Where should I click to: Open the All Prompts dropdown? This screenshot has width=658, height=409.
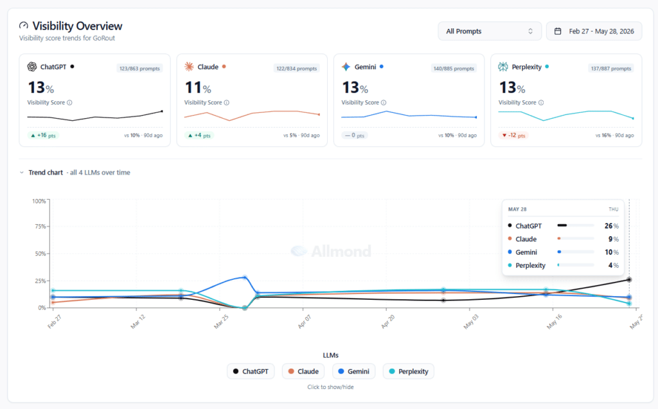(x=489, y=31)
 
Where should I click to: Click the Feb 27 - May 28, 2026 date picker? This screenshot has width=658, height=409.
(x=594, y=31)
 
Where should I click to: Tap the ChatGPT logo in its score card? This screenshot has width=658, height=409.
(x=32, y=67)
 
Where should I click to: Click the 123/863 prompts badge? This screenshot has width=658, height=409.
(x=139, y=68)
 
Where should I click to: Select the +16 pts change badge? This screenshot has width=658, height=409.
(x=43, y=135)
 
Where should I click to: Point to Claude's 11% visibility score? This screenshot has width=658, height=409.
(x=198, y=88)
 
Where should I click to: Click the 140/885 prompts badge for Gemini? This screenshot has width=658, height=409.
(x=454, y=68)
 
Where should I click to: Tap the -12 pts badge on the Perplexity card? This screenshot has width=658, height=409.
(x=513, y=135)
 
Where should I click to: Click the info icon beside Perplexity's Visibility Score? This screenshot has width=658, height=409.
(x=541, y=102)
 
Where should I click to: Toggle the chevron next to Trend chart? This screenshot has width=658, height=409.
(x=22, y=173)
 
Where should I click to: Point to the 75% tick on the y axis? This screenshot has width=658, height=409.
(x=40, y=227)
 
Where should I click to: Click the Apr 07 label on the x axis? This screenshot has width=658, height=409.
(x=304, y=322)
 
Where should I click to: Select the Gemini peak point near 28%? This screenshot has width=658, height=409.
(x=245, y=277)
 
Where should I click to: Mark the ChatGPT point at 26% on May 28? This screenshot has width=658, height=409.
(x=629, y=279)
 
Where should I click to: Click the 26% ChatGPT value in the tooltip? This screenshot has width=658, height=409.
(x=612, y=225)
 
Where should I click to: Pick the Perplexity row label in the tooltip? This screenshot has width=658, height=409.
(x=530, y=265)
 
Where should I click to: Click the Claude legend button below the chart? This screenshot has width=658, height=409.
(x=303, y=371)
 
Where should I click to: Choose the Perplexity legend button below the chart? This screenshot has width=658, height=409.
(x=408, y=371)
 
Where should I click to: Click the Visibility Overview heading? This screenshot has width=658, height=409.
(x=77, y=26)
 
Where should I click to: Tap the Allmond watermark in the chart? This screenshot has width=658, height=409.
(x=331, y=251)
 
